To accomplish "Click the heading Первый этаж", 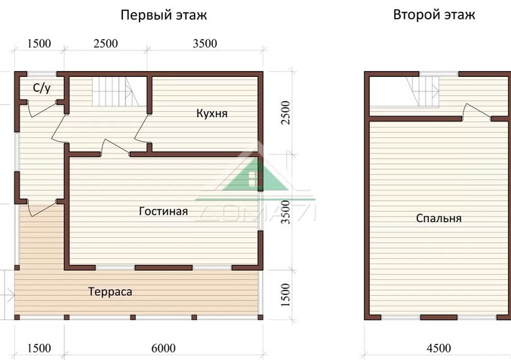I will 164,14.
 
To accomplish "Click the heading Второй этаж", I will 434,14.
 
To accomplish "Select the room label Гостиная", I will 163,211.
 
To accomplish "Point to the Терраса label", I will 110,291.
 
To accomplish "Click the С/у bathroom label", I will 42,88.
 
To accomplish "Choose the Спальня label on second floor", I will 439,218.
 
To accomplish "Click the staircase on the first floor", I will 112,94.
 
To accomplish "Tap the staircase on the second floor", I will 425,95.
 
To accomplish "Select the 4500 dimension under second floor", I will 439,348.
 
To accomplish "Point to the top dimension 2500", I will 105,43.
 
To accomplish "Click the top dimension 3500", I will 205,43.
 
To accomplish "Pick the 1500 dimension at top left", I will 39,43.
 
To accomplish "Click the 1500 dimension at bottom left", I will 39,348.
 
